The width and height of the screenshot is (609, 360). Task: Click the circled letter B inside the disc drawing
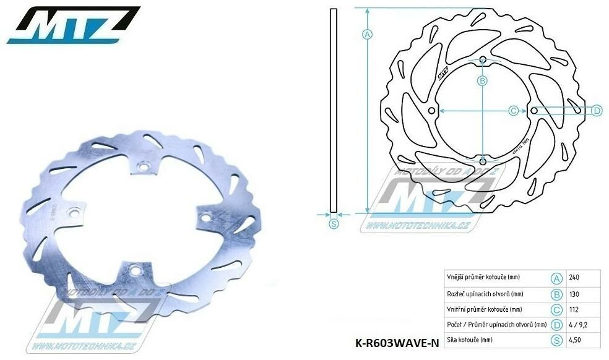point(482,80)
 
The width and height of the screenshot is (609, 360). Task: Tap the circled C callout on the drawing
point(512,111)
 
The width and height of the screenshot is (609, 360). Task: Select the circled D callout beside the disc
point(597,111)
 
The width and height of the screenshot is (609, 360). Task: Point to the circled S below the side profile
point(334,224)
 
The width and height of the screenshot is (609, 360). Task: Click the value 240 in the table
point(574,277)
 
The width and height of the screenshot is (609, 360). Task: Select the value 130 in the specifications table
point(574,293)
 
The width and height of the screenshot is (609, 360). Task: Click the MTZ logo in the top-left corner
point(73,25)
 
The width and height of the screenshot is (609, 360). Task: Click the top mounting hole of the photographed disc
point(143,165)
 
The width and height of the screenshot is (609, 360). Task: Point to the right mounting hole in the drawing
point(534,111)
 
